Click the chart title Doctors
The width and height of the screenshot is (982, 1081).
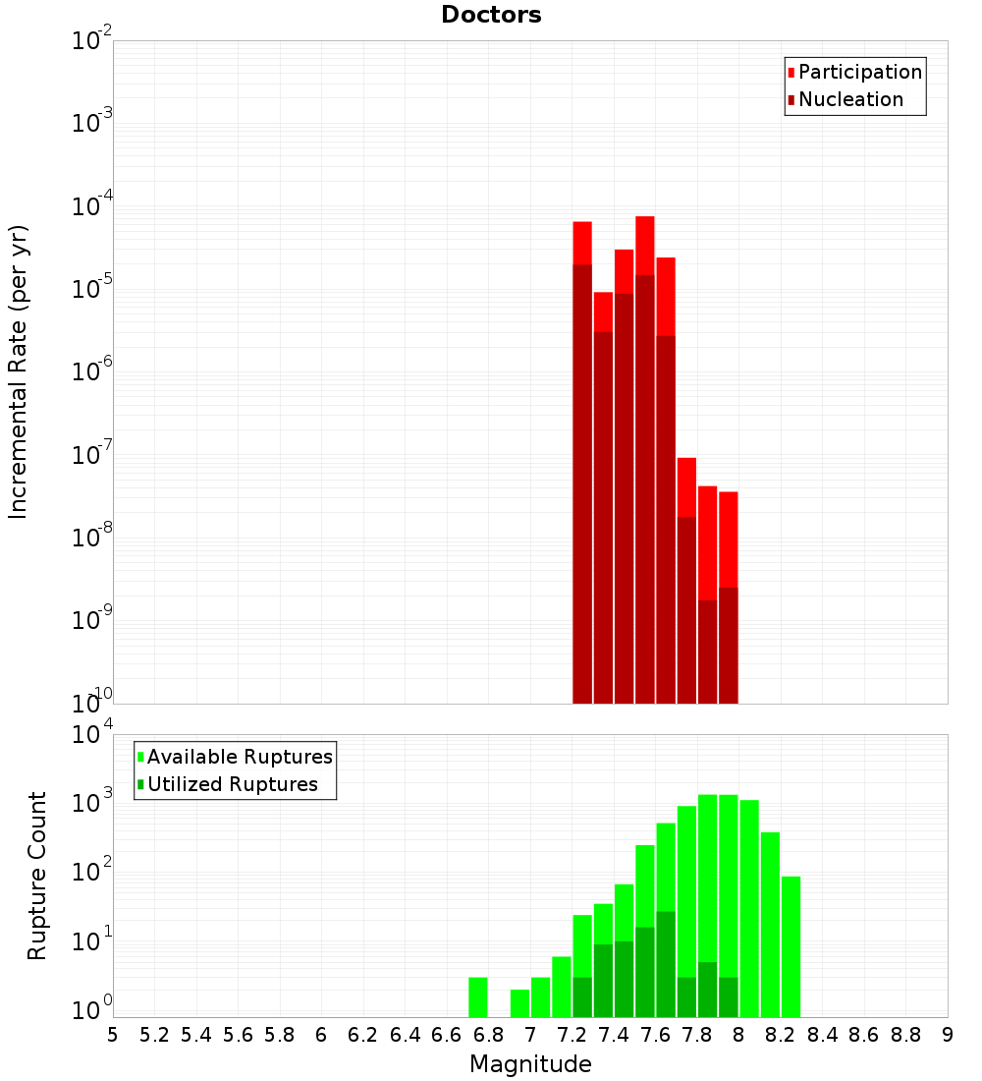pyautogui.click(x=491, y=15)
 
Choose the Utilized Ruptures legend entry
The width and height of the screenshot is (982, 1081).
pyautogui.click(x=232, y=784)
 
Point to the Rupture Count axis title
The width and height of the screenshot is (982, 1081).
pyautogui.click(x=37, y=875)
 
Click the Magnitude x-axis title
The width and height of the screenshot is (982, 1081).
pyautogui.click(x=530, y=1063)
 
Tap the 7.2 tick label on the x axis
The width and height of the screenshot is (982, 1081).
pyautogui.click(x=572, y=1034)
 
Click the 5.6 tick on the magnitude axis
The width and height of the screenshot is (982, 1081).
pyautogui.click(x=238, y=1034)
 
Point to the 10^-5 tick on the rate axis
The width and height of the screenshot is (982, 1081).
pyautogui.click(x=90, y=289)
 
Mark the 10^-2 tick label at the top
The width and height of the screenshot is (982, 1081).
pyautogui.click(x=90, y=41)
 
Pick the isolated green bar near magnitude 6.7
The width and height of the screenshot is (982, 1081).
pyautogui.click(x=478, y=997)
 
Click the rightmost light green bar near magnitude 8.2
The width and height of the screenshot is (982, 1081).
pyautogui.click(x=791, y=943)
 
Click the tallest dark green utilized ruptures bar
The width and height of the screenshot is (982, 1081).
pyautogui.click(x=666, y=963)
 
